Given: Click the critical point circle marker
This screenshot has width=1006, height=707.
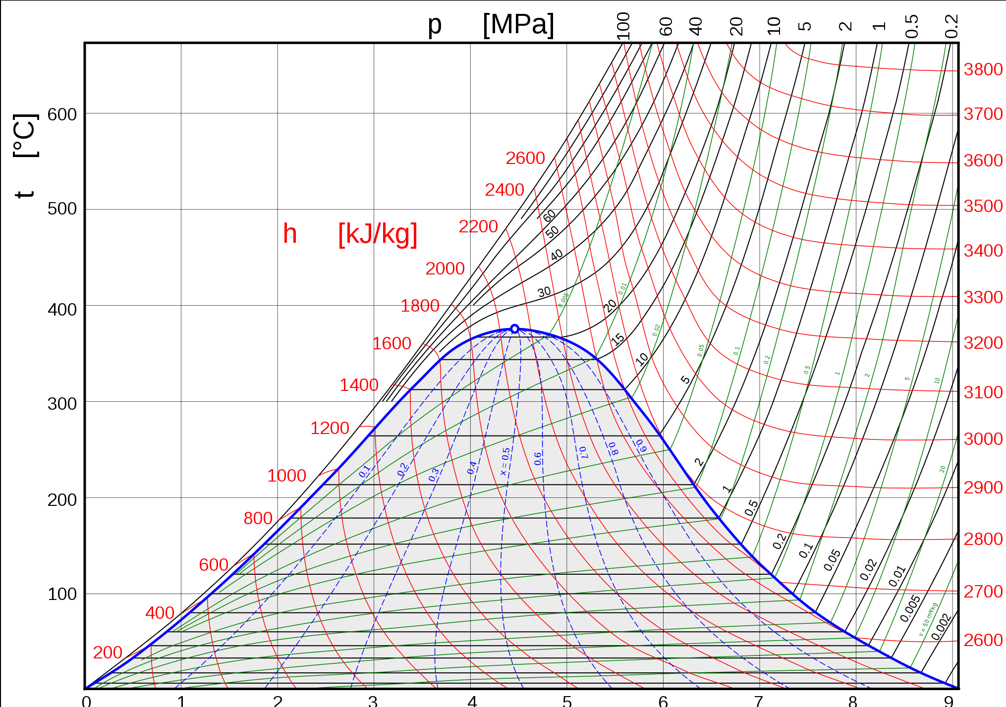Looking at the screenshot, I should (514, 329).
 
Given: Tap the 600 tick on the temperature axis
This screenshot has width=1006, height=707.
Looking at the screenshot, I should (62, 114).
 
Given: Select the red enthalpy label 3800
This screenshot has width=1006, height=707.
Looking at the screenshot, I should (983, 69).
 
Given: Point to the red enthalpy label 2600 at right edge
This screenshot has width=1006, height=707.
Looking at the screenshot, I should (983, 640).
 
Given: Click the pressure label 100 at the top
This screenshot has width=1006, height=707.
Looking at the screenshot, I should (623, 25).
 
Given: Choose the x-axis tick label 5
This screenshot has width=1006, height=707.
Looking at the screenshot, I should (567, 700).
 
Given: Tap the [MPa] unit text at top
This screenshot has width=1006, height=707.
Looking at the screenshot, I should (518, 24).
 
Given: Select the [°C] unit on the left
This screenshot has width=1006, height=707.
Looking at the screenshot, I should (25, 135).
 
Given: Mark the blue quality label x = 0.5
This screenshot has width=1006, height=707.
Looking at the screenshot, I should (505, 461).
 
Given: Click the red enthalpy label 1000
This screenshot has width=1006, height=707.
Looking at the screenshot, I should (286, 476).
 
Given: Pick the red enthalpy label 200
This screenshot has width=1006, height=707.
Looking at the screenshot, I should (108, 653).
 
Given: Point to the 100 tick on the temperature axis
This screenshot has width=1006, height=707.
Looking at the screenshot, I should (62, 594).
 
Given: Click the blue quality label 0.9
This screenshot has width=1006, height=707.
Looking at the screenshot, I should (641, 445).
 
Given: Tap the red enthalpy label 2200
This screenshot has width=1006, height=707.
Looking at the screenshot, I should (478, 226).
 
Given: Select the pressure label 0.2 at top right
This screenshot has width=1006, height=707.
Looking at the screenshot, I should (951, 26).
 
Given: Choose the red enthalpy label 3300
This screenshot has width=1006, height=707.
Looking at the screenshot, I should (983, 297).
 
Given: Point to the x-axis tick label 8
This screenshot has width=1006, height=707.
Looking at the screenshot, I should (852, 700).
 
